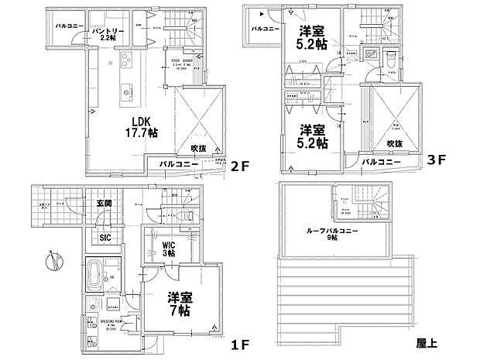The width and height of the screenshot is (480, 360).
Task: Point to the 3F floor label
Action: (437, 163)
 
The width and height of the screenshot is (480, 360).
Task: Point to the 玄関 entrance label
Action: (105, 204)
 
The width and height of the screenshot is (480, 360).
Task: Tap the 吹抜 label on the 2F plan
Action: (198, 148)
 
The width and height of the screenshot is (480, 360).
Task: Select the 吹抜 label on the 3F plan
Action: (395, 144)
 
